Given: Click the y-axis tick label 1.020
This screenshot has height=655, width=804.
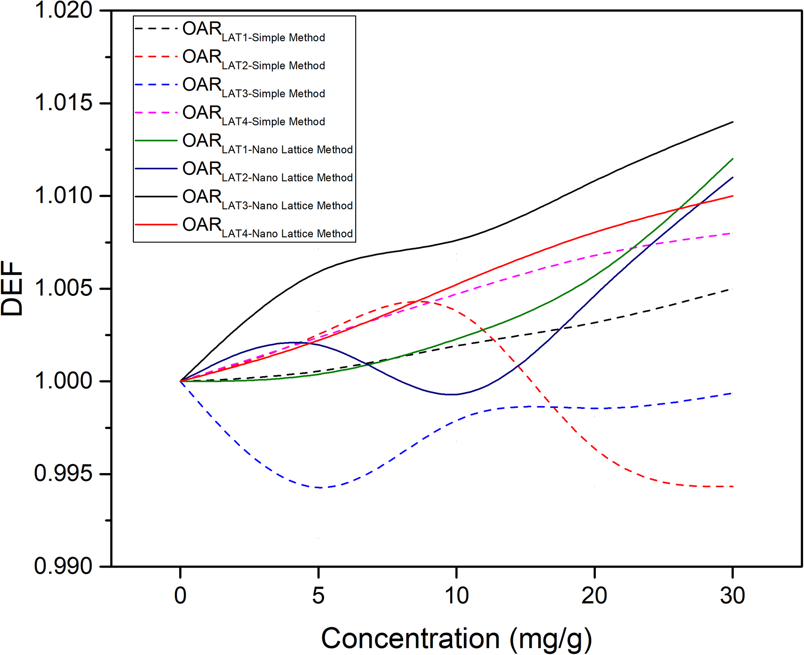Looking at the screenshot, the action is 64,10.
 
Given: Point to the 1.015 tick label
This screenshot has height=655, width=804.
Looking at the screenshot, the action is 64,103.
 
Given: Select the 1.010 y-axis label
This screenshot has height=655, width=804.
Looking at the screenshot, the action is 64,196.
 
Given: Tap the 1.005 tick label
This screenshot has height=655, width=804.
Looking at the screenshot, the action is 64,288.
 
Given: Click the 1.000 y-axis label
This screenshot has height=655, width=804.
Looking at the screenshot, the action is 64,381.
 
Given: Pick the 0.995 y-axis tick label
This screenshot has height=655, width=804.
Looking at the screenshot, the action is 64,474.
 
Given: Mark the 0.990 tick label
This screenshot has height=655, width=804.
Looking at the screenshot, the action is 64,566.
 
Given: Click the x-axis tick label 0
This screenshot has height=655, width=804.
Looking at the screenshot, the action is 180,595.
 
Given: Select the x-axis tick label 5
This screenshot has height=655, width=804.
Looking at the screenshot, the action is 318,595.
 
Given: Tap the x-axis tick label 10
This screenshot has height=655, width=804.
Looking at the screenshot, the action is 456,595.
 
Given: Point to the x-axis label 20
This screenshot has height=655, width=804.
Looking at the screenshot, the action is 594,595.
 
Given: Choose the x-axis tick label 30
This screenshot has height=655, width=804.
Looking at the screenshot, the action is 733,595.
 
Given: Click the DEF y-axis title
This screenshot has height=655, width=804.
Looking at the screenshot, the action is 12,288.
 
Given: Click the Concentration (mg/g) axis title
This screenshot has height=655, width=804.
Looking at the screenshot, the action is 456,639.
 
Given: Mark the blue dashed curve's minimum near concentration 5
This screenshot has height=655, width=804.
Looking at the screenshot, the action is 321,487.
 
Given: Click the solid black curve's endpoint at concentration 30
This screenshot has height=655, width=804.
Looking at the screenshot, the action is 733,122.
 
